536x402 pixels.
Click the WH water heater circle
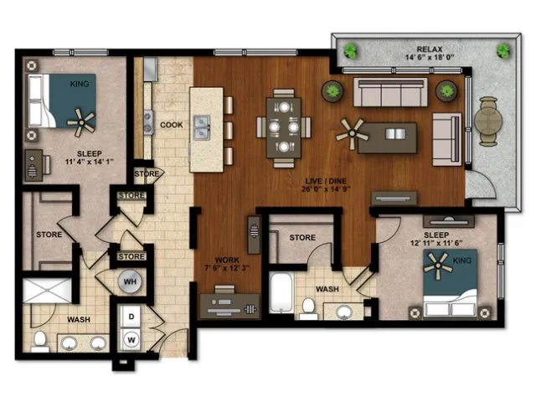coord(130,281)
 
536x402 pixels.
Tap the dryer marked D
coord(131,317)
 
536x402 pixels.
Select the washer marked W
coord(131,340)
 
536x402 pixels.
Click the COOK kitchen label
coord(171,125)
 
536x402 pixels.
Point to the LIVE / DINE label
coord(326,181)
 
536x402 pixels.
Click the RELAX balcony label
coord(430,49)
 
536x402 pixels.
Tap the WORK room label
coord(227,260)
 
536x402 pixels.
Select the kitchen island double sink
coord(202,128)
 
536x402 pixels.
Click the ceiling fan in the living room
coord(352,134)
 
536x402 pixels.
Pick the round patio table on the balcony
coord(488,121)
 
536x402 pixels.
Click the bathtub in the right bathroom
coord(281,292)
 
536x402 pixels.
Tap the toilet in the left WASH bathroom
coord(40,341)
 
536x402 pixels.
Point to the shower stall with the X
coord(47,291)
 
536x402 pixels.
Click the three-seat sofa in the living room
coord(390,92)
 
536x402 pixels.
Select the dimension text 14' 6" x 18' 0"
coord(430,58)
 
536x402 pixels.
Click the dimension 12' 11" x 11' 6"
coord(436,243)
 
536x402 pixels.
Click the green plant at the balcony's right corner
coord(502,51)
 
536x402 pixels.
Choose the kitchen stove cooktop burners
coord(148,122)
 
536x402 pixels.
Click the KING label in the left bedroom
coord(80,84)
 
